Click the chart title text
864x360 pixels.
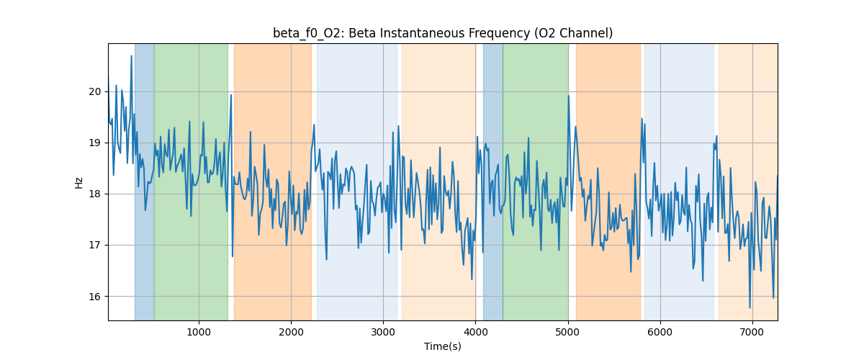(x=443, y=33)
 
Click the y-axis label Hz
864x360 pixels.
(x=79, y=182)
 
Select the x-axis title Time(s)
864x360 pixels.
(x=443, y=346)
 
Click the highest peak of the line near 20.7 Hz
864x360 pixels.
(x=132, y=56)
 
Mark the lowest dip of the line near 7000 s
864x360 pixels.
(x=750, y=307)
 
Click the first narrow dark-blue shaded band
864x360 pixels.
(x=144, y=180)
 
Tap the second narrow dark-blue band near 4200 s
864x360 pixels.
(x=492, y=180)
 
